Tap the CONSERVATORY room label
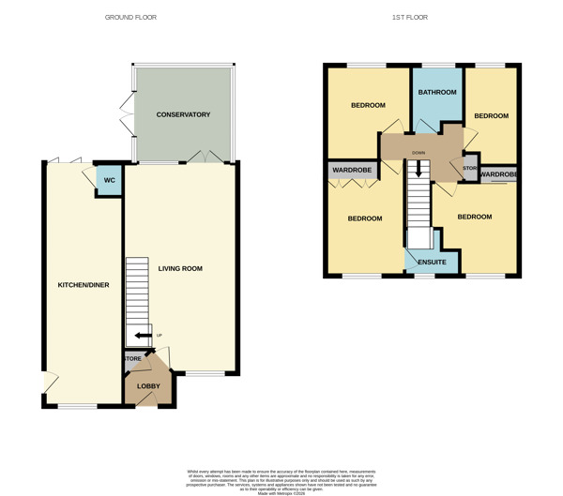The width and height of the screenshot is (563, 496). pos(183,114)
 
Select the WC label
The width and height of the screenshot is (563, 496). pos(109,180)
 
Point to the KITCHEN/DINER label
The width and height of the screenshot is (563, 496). pos(84,284)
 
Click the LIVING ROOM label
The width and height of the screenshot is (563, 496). pos(180,269)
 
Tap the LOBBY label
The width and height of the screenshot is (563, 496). pos(149,385)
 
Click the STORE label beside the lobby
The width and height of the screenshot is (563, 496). pos(132,357)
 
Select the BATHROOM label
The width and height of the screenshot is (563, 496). pos(437,92)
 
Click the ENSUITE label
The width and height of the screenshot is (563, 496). pos(432,262)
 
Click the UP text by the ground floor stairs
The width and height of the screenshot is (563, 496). pos(160,335)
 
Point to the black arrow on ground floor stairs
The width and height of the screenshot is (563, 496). pos(143,335)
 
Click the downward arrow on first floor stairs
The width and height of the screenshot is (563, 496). pos(419,171)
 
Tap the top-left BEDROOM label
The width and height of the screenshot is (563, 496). pos(368,105)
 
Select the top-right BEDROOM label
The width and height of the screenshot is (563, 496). pos(491,115)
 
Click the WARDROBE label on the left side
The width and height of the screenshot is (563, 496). pos(351,170)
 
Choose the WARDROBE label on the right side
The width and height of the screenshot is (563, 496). pos(497,174)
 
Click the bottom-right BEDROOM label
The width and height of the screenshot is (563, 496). pos(475,217)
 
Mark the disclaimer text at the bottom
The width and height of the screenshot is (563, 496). pos(281,477)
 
